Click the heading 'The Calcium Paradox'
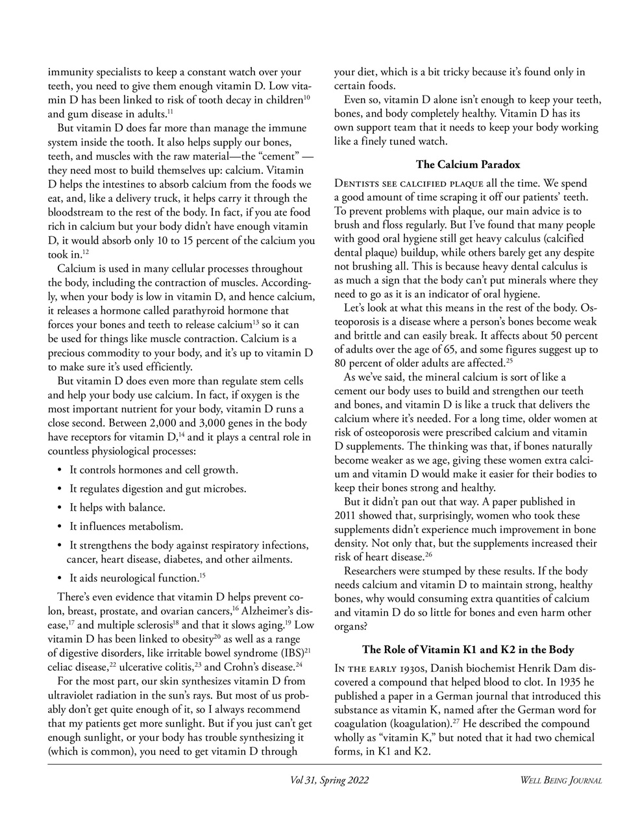point(467,164)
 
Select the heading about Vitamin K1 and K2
point(467,649)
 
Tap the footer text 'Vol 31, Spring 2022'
point(330,780)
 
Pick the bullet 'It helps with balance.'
point(117,508)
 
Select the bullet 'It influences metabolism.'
point(127,527)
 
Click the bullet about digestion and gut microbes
point(149,489)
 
